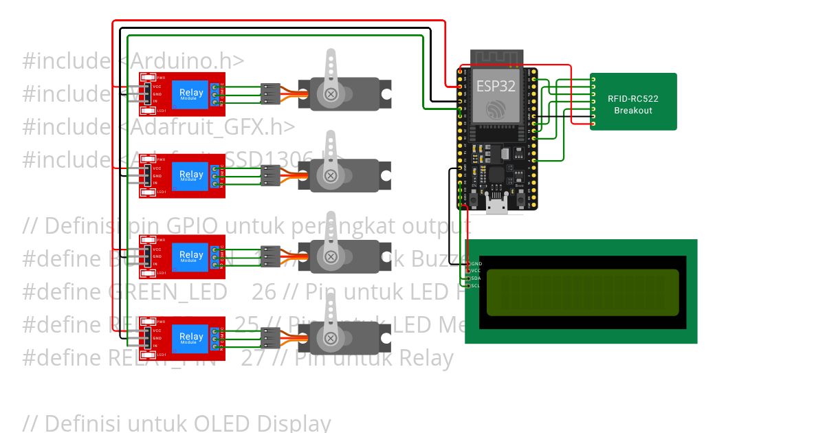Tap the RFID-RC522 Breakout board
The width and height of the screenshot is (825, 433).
[x=633, y=102]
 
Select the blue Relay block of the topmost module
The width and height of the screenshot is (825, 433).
[x=191, y=93]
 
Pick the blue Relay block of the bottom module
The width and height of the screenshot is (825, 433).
[x=191, y=337]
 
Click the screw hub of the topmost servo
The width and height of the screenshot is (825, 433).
[x=331, y=94]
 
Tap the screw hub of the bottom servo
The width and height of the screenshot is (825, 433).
[x=331, y=337]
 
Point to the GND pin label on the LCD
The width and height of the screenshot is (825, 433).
[x=476, y=263]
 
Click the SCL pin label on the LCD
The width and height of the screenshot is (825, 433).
[x=476, y=285]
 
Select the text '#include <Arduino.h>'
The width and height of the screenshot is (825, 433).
[x=133, y=61]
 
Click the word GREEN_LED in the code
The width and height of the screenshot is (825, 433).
[x=168, y=292]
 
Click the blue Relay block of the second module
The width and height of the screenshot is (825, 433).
[x=191, y=175]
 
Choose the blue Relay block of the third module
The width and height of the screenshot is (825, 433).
[x=191, y=256]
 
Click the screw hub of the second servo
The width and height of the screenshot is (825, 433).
[x=331, y=175]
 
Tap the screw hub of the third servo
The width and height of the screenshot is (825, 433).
[x=331, y=257]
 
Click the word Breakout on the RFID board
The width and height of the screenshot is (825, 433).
[x=633, y=111]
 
